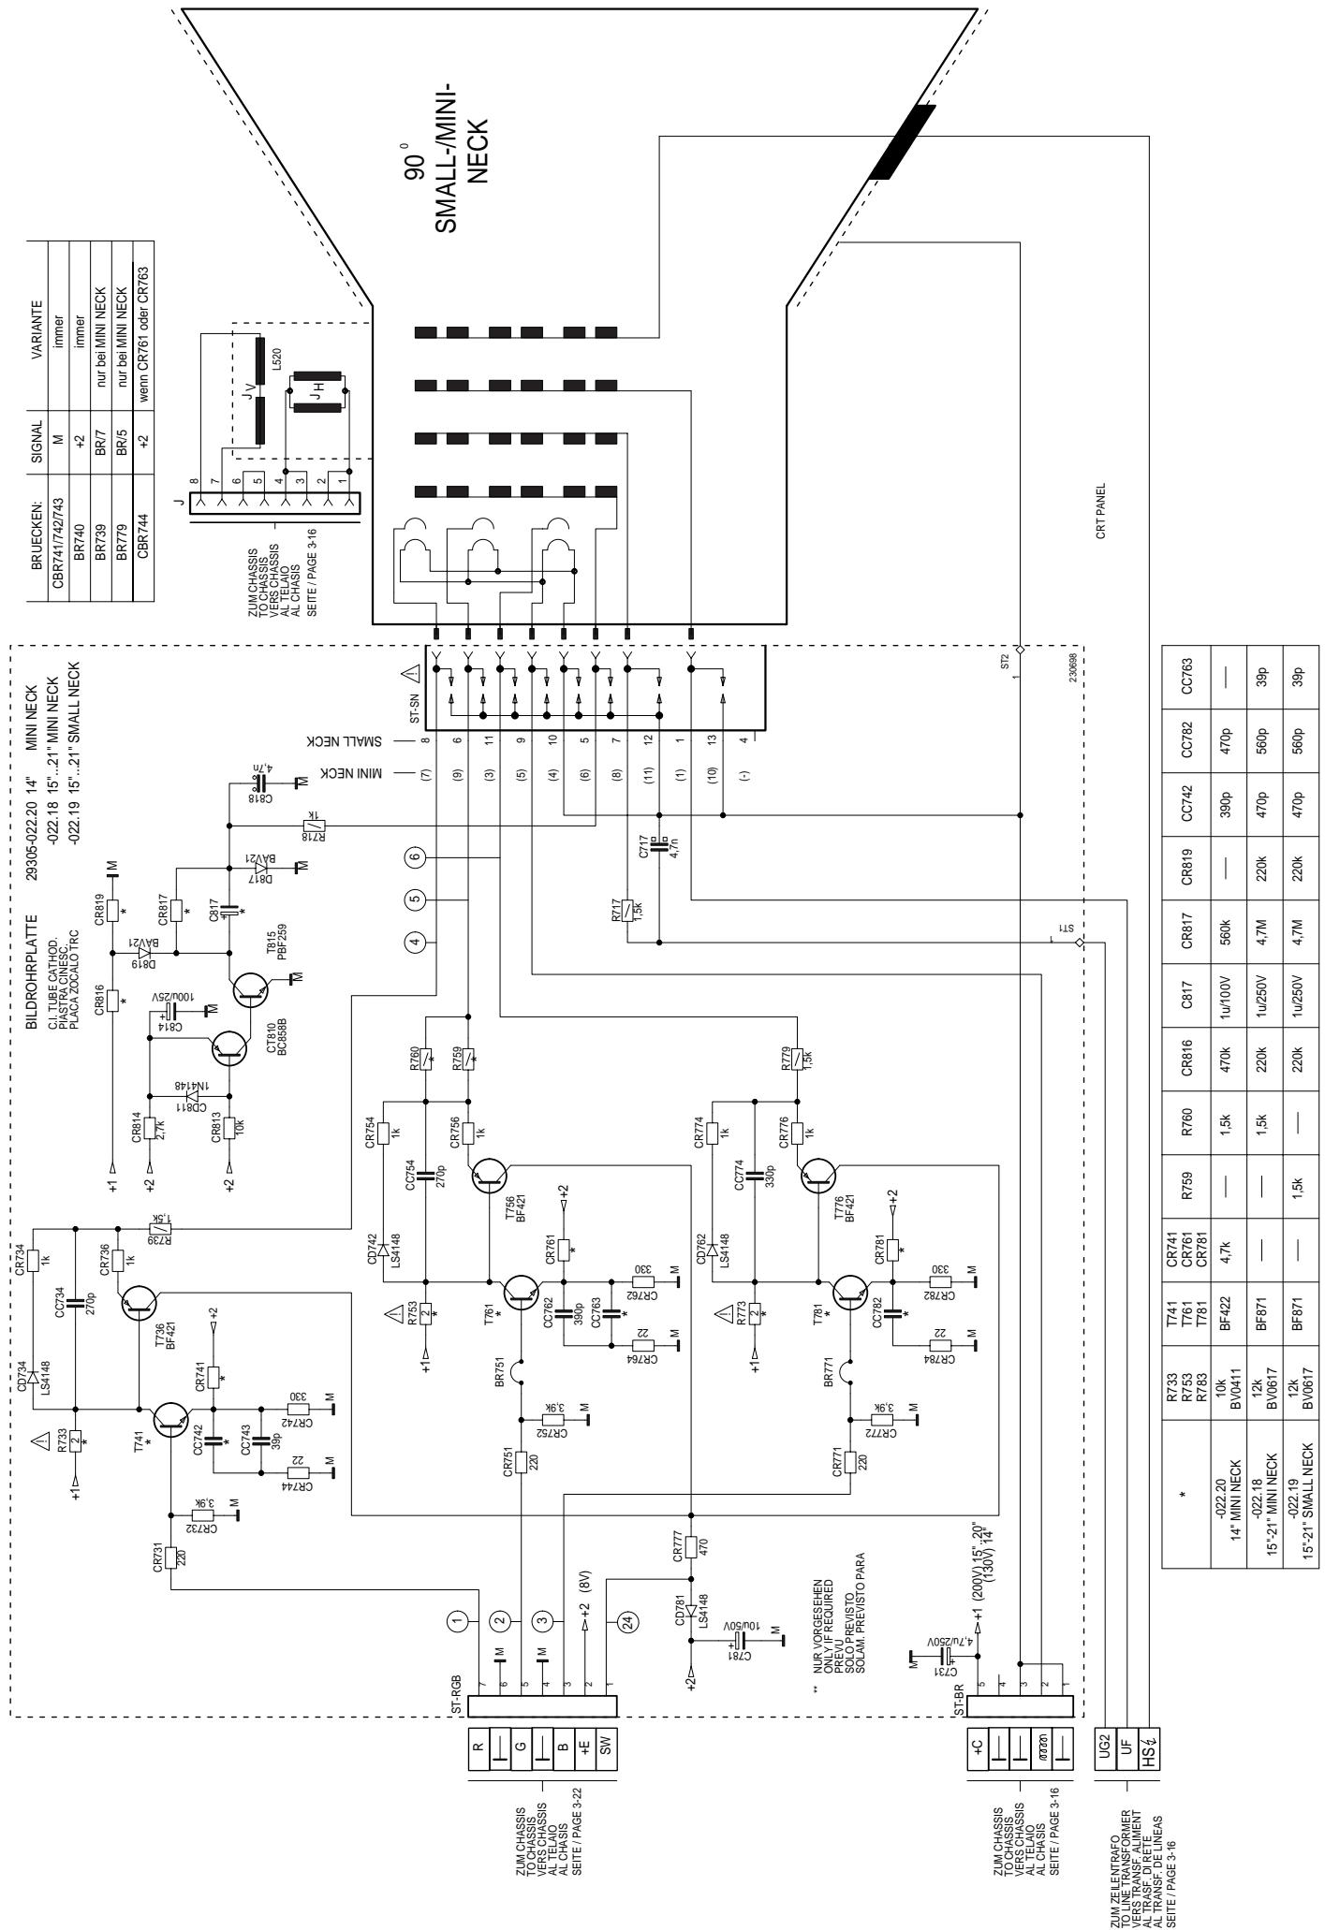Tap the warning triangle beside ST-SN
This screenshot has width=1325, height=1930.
(x=412, y=671)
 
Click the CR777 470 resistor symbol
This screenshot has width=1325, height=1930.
(x=690, y=1548)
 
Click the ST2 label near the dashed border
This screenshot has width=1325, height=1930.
(x=1004, y=662)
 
